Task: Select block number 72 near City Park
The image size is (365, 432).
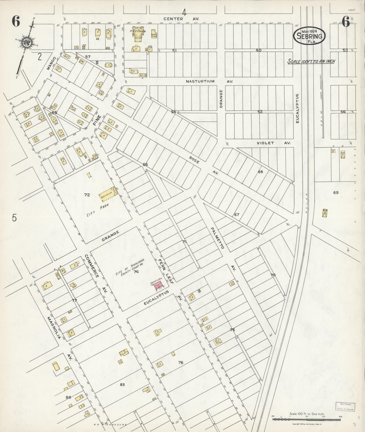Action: point(87,195)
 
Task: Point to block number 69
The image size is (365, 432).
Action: point(336,193)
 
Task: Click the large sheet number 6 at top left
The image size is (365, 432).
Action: point(15,22)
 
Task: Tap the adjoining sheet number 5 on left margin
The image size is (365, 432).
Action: point(14,218)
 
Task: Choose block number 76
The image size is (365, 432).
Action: point(180,362)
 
